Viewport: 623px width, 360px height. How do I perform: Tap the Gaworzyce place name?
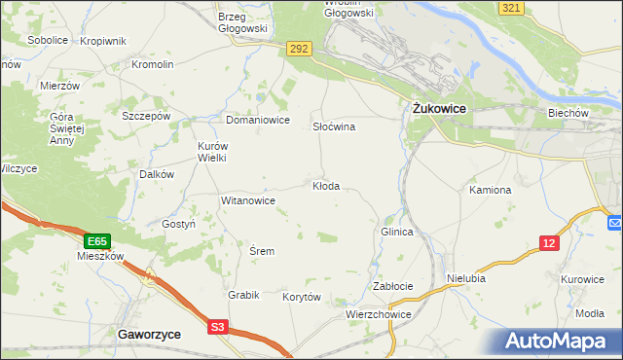[148, 333]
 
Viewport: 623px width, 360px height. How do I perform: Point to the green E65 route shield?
[96, 240]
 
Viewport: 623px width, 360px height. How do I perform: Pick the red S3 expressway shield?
[219, 328]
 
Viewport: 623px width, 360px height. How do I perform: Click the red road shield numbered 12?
[550, 243]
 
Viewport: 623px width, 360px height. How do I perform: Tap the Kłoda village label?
[325, 186]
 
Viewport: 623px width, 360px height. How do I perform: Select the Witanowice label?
[248, 200]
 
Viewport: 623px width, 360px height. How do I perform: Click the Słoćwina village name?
[333, 127]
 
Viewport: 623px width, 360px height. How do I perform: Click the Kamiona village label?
[490, 190]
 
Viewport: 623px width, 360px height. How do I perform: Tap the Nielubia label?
[465, 278]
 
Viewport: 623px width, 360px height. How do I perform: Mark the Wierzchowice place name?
[379, 315]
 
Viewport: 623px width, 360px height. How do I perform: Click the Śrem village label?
[262, 251]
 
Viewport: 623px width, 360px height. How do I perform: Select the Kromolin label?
[152, 64]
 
